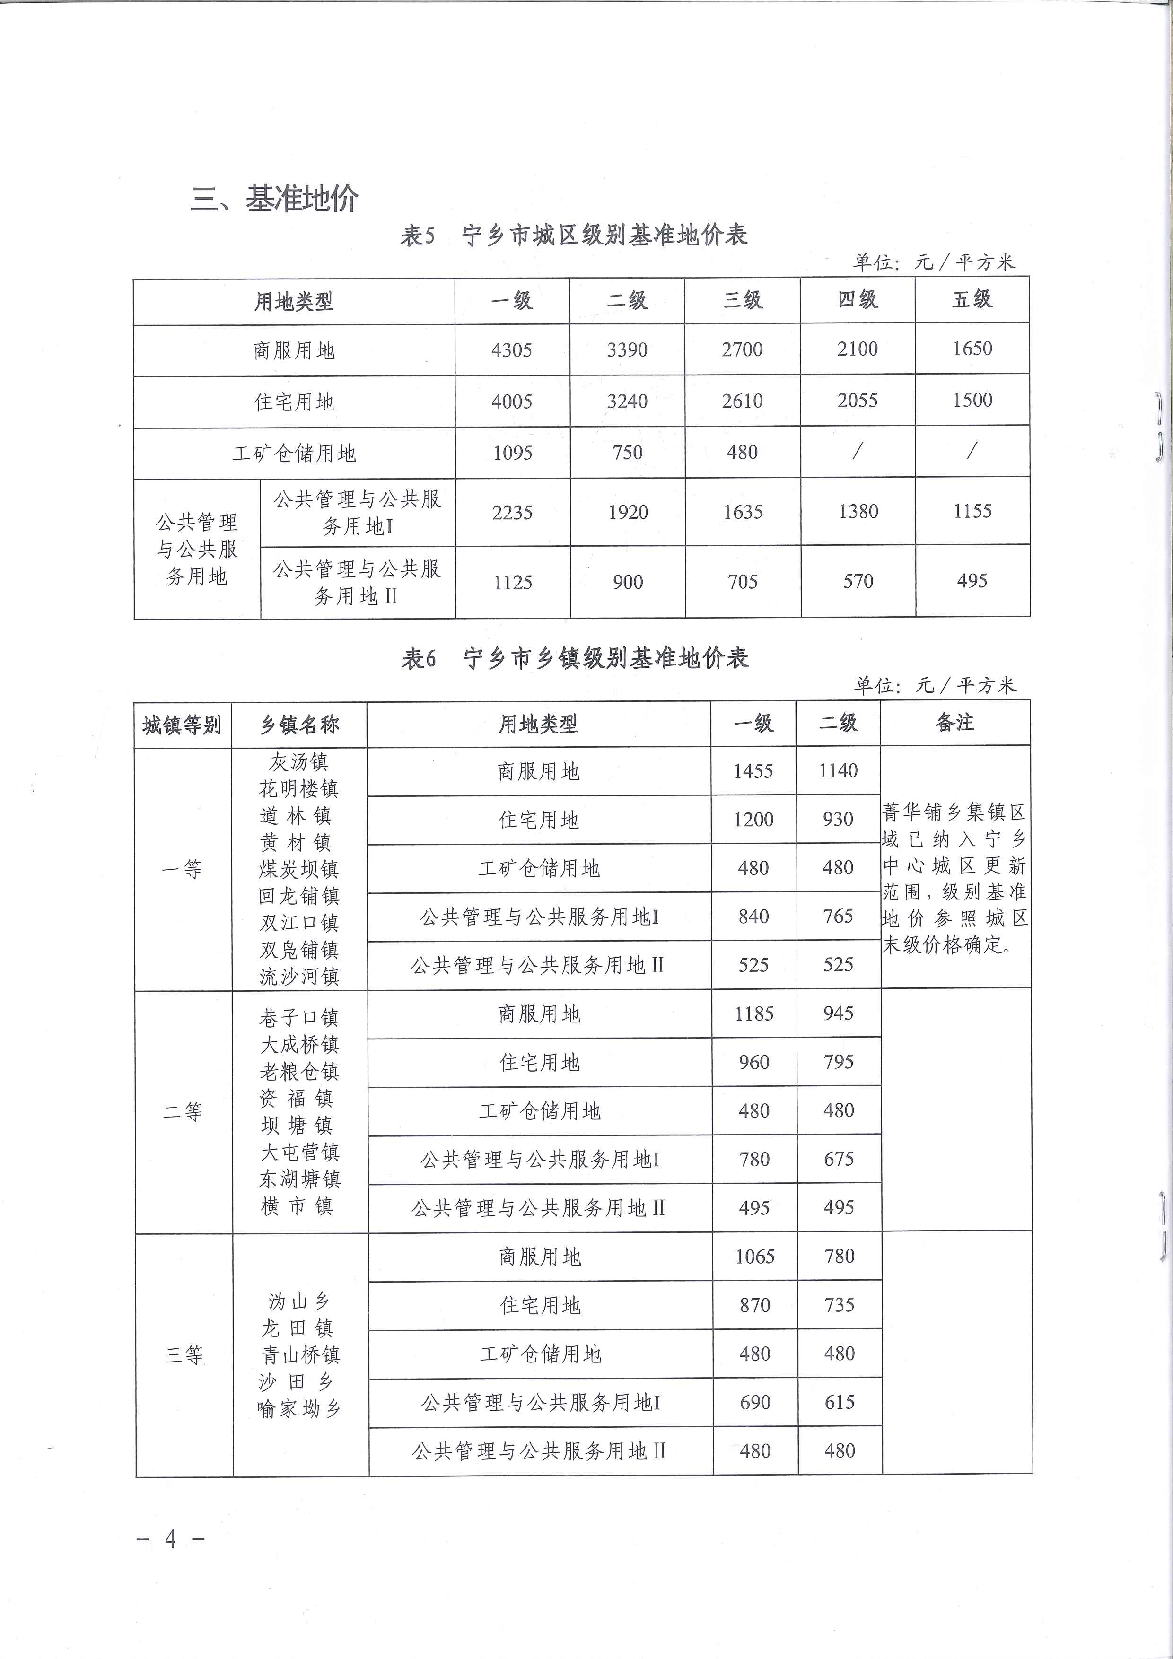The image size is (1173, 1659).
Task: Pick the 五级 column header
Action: coord(972,300)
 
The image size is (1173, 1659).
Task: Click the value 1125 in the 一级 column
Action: coord(512,582)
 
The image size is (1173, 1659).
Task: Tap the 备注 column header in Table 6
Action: coord(955,723)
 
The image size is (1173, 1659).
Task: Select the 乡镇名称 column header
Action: coord(299,725)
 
